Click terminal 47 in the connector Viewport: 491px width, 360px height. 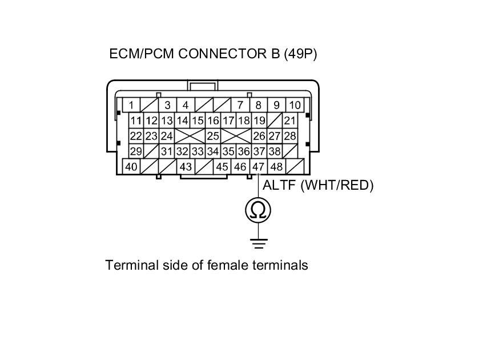259,167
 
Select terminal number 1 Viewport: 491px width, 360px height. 131,105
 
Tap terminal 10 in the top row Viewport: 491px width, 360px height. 295,105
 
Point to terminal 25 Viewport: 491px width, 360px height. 213,136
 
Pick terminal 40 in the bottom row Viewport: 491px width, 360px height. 131,167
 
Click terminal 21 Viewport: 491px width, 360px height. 290,121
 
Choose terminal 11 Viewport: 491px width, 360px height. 135,121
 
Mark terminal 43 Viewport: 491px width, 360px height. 186,167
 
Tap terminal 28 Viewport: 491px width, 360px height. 290,136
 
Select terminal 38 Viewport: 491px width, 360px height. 275,151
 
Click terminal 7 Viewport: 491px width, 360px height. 240,105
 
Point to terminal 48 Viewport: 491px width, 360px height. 277,167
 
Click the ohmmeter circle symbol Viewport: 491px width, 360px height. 258,211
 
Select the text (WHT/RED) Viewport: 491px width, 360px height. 337,186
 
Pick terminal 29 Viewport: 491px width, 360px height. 135,151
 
